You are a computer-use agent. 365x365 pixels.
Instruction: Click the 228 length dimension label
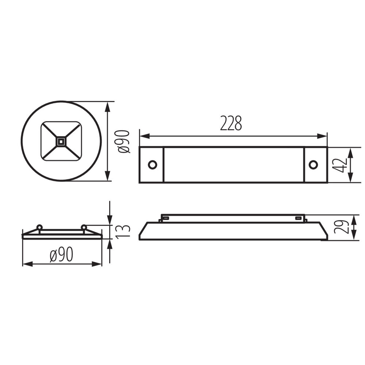point(231,123)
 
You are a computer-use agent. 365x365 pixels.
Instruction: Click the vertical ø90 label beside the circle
point(124,141)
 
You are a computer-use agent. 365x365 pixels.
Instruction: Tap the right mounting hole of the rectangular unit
point(313,165)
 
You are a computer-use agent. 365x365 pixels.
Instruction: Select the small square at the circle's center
point(61,141)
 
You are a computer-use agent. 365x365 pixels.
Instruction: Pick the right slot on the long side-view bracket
point(299,218)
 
